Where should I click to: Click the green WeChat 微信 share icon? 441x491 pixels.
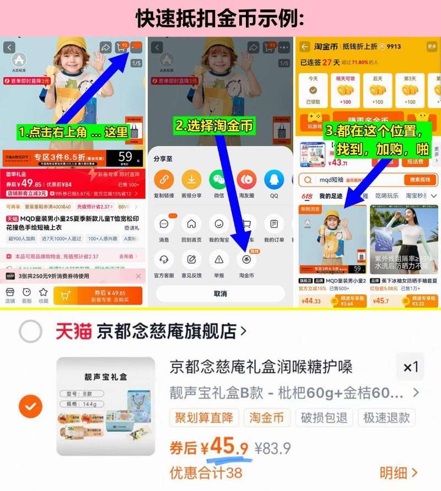click(218, 179)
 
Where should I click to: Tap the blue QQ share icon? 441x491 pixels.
click(274, 179)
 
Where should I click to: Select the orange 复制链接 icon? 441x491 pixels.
click(164, 179)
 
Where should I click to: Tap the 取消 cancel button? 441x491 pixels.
click(220, 293)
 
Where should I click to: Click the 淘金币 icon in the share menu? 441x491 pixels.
click(246, 259)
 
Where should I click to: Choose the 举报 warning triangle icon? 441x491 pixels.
click(219, 259)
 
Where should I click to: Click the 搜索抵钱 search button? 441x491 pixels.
click(420, 180)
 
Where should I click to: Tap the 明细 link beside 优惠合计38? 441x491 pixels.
click(398, 473)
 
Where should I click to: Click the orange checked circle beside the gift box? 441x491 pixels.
click(30, 407)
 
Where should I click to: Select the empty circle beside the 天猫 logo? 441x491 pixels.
click(30, 332)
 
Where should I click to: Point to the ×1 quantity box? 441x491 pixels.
click(411, 367)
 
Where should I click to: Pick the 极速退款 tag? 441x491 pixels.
click(386, 418)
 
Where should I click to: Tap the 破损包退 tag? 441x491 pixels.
click(324, 418)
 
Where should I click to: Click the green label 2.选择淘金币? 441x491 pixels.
click(214, 126)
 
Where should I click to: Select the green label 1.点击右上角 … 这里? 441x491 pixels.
click(73, 132)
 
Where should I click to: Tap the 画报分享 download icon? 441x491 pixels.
click(191, 179)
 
